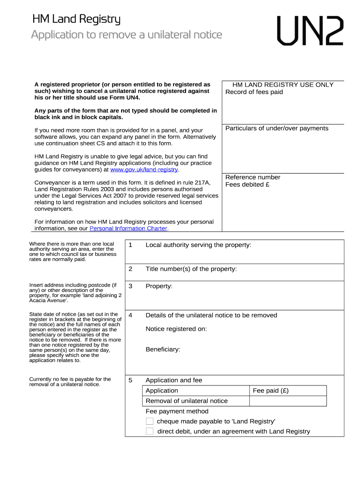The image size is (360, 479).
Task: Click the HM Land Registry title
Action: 76,19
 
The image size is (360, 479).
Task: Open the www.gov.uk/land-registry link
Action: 144,170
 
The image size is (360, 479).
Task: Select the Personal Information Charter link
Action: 128,229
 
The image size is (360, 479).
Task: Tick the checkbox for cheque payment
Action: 150,421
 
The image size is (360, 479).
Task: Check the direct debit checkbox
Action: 150,431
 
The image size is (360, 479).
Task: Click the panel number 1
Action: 130,245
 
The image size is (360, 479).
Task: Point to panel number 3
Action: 130,286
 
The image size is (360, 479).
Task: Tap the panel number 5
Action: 130,380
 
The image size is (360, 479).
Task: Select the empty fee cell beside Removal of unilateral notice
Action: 288,401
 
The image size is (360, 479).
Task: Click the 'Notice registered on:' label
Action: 176,329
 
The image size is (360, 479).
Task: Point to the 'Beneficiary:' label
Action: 163,349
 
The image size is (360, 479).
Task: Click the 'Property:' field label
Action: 159,286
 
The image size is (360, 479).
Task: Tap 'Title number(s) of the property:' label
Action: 191,269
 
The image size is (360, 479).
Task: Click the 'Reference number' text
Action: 252,177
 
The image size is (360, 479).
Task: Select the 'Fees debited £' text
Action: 248,184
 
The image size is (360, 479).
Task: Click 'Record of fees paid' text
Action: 254,92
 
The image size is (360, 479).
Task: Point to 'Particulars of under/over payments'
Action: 277,128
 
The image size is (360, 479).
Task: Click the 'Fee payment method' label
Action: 177,411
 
